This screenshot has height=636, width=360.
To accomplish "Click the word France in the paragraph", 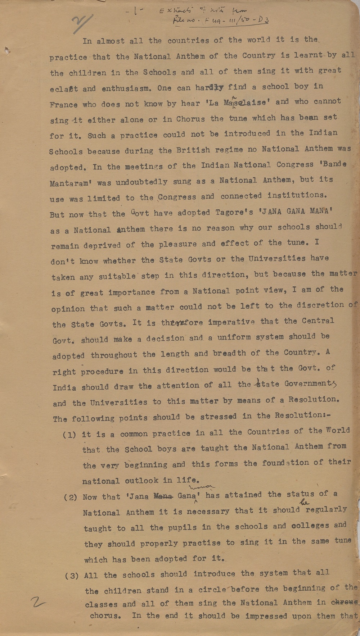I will (63, 105).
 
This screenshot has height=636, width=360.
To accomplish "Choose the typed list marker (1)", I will (69, 435).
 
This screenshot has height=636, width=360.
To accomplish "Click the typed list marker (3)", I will (72, 576).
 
